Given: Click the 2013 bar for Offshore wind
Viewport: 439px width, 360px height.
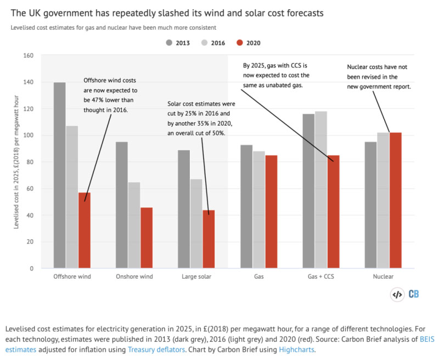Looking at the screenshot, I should (60, 175).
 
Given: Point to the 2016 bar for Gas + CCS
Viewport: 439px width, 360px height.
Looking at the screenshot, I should (320, 190).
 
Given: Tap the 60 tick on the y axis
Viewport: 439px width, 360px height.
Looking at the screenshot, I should (29, 188).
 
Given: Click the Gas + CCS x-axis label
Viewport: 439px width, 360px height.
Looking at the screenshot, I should (322, 277).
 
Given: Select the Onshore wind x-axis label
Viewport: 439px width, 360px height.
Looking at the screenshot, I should (134, 277).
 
